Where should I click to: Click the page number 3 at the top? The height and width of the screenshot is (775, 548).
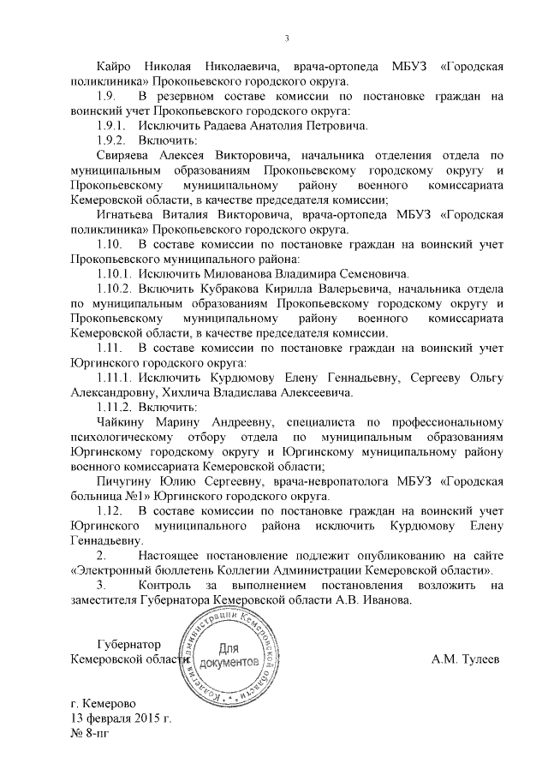pyautogui.click(x=287, y=37)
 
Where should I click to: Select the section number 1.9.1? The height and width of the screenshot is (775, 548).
pyautogui.click(x=111, y=125)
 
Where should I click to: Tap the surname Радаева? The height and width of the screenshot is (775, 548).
pyautogui.click(x=224, y=125)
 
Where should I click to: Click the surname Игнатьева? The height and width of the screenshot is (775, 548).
pyautogui.click(x=129, y=214)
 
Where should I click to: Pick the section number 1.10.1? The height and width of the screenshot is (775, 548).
pyautogui.click(x=115, y=273)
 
